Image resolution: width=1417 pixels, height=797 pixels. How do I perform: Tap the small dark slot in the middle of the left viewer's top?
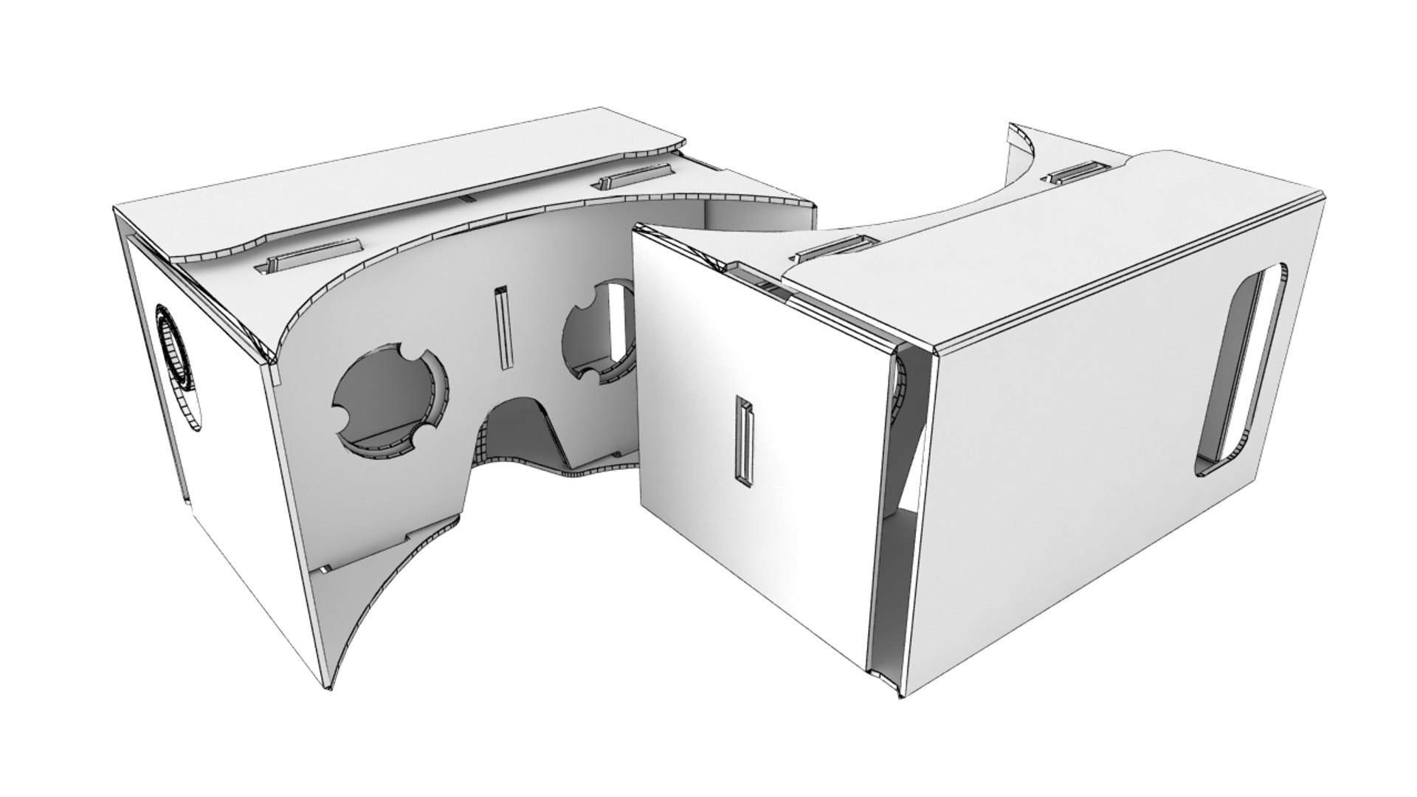466,199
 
